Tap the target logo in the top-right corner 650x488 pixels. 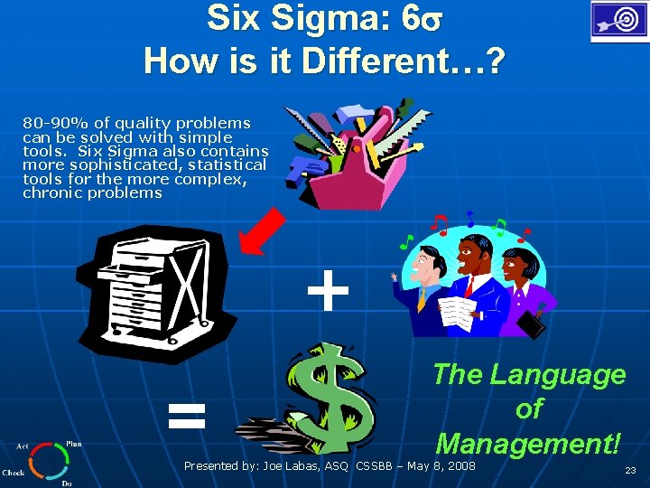point(617,22)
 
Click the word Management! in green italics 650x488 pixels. point(528,443)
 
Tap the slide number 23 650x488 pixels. point(630,471)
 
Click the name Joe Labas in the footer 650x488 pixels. point(292,466)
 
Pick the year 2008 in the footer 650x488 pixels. point(459,466)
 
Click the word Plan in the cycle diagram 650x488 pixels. point(74,445)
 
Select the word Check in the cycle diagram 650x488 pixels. point(14,473)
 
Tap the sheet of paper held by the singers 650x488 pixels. point(454,313)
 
